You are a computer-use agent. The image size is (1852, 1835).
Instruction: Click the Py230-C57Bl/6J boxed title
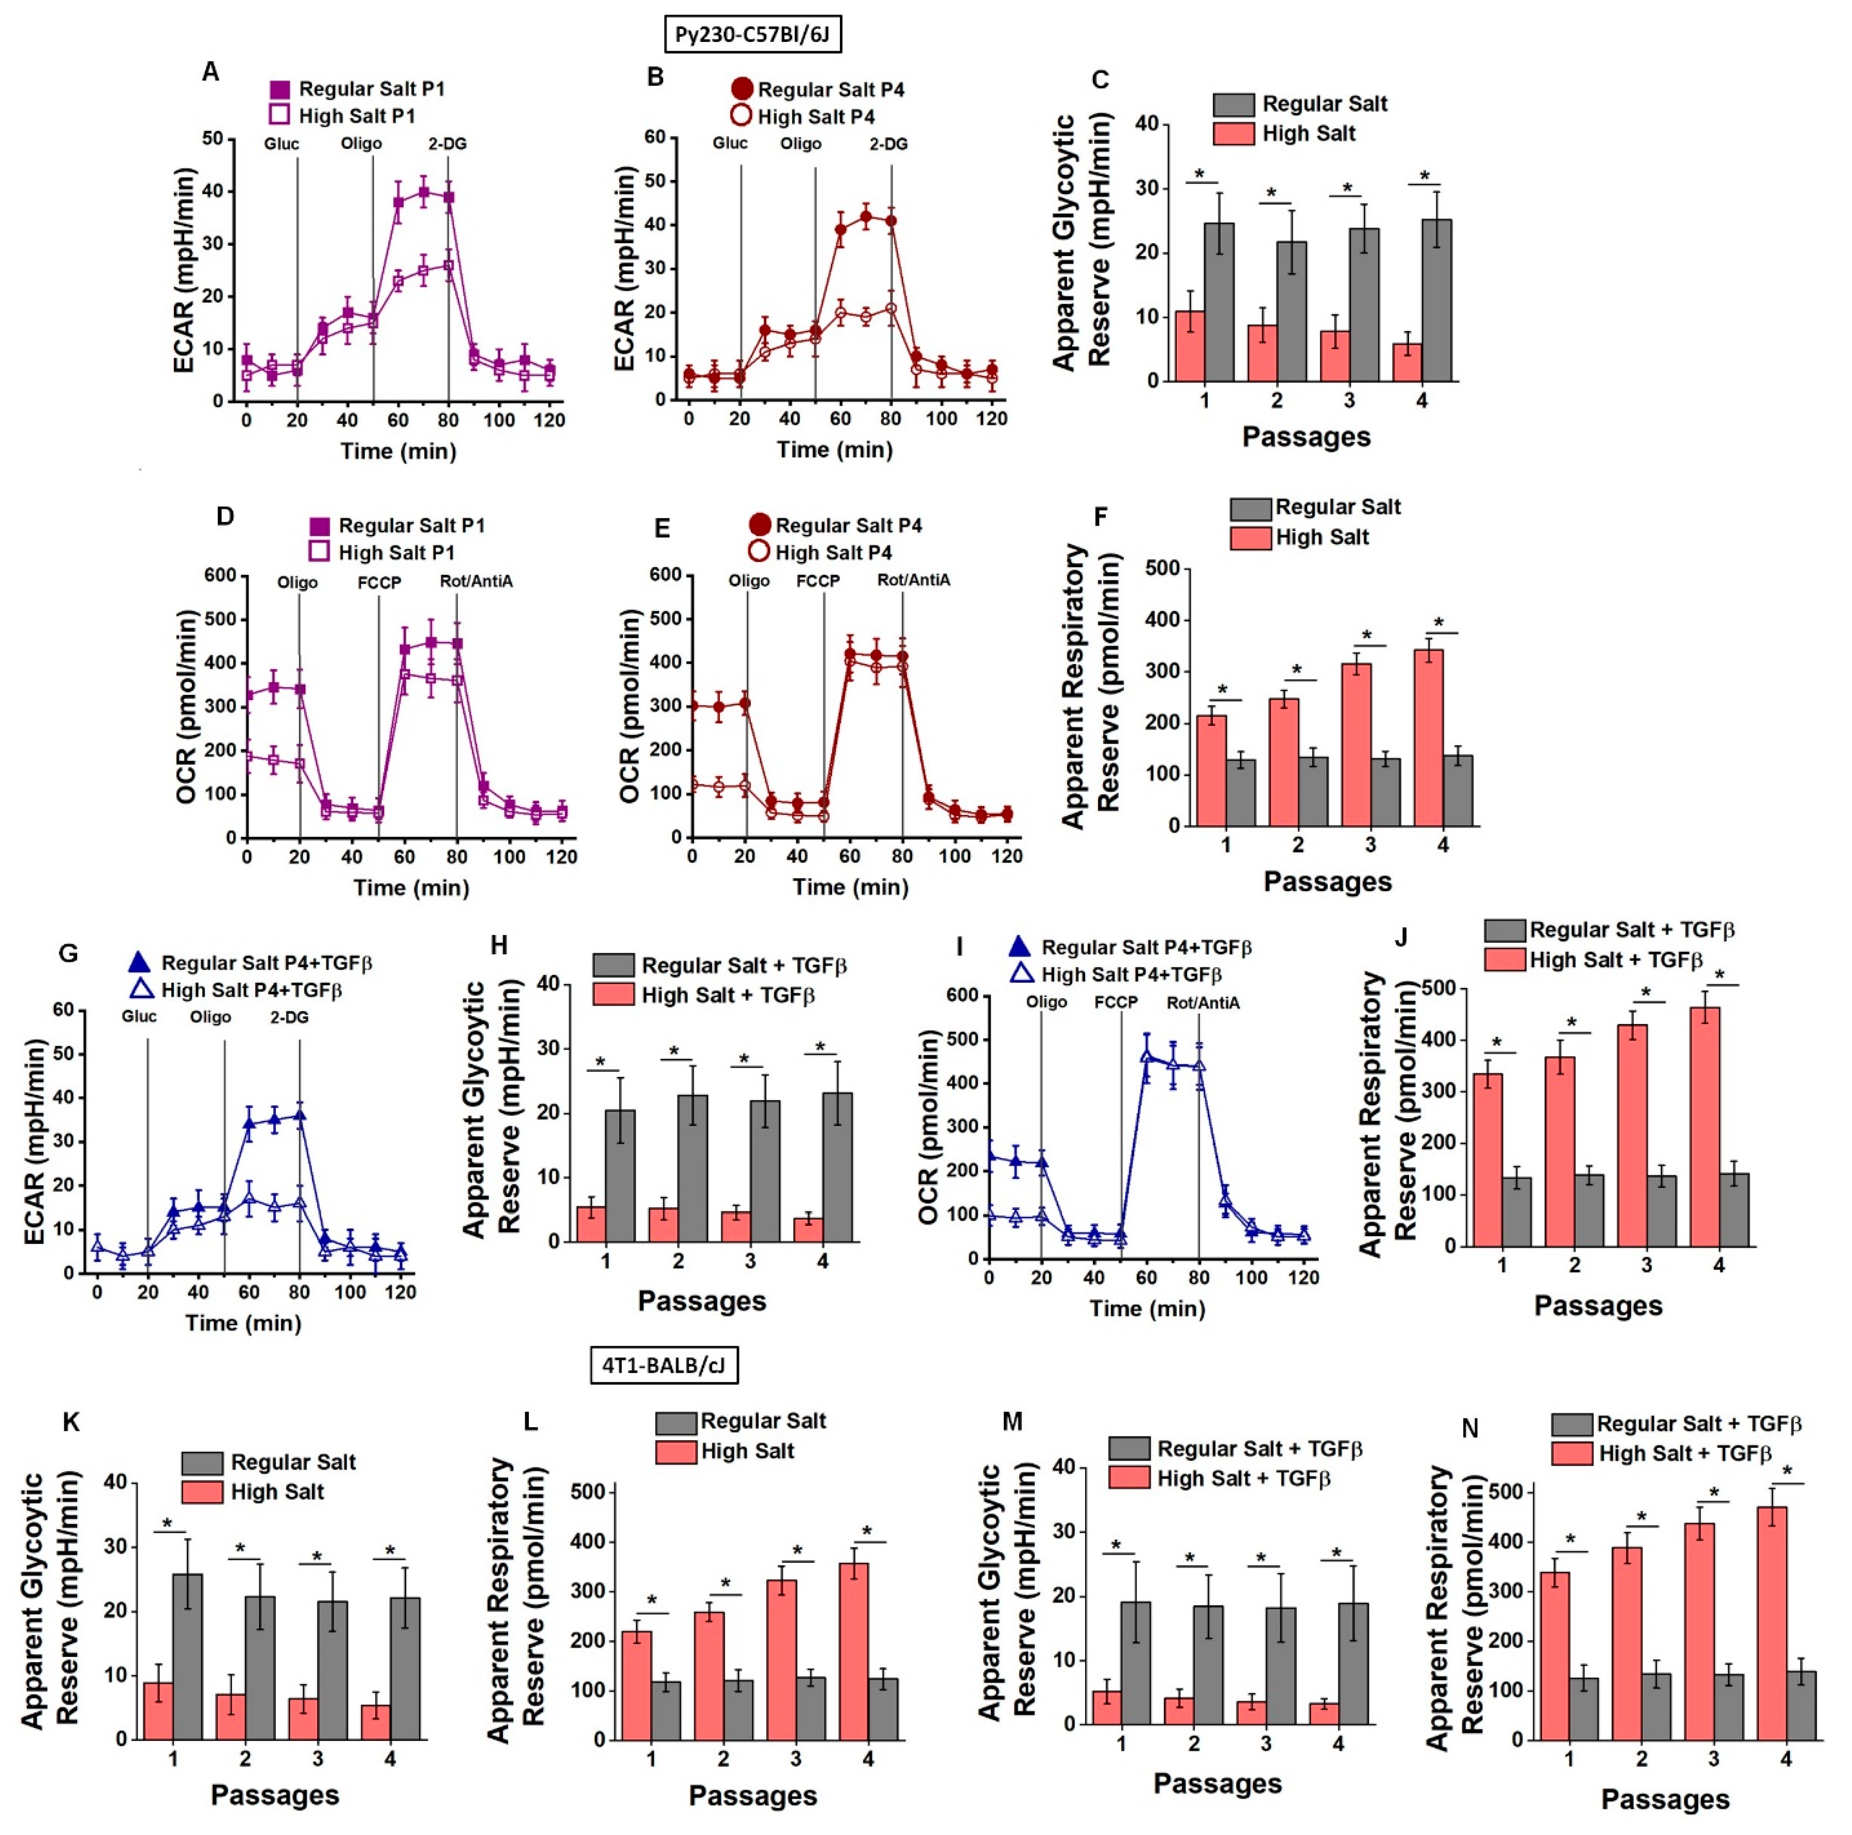(x=752, y=35)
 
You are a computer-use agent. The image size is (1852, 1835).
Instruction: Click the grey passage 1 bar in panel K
(x=188, y=1656)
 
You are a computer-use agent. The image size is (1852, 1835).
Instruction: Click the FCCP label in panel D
(x=380, y=582)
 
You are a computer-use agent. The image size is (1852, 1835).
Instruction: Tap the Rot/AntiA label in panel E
(x=913, y=580)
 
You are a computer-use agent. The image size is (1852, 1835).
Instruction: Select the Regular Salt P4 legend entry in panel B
(x=818, y=89)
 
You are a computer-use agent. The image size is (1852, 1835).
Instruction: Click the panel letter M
(x=1012, y=1421)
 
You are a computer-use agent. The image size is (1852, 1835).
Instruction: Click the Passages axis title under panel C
(x=1307, y=437)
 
